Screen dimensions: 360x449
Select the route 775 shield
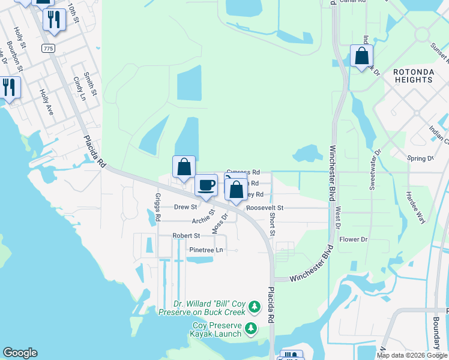click(x=48, y=47)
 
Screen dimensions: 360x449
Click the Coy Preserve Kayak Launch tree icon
click(x=250, y=328)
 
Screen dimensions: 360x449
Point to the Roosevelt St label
click(x=264, y=208)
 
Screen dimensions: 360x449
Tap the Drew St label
click(x=185, y=207)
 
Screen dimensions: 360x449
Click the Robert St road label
click(x=186, y=236)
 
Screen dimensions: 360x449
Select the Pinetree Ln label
click(x=206, y=250)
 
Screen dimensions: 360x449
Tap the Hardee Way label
click(x=415, y=208)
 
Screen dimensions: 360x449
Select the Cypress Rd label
click(x=243, y=172)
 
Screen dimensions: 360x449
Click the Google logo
click(x=20, y=353)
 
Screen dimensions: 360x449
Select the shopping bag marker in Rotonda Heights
click(x=361, y=56)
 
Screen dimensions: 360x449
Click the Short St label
click(x=272, y=224)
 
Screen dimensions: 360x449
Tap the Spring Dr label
click(x=420, y=158)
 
